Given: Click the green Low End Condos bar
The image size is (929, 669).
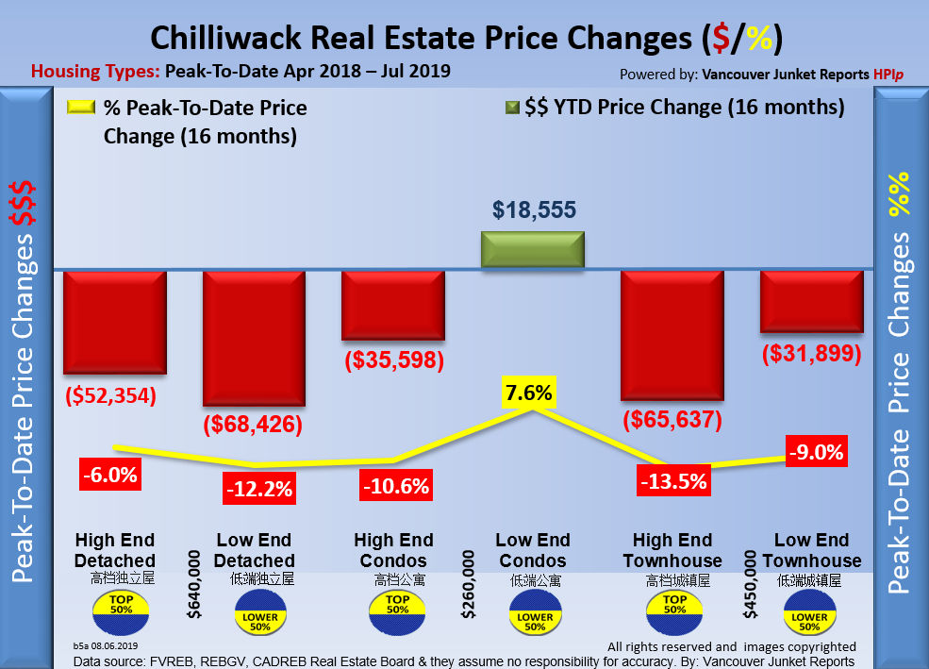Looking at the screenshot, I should click(534, 249).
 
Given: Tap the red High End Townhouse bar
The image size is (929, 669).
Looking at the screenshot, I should click(672, 335).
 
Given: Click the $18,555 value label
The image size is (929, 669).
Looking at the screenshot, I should click(534, 209).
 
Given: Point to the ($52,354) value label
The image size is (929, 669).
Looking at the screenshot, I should click(111, 393).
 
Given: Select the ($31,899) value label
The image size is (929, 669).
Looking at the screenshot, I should click(812, 354).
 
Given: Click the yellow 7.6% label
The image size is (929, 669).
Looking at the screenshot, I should click(528, 392).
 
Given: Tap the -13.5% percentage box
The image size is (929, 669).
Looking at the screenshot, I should click(672, 480).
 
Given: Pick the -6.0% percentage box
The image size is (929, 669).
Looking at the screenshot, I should click(109, 475).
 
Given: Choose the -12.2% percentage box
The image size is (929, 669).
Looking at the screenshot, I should click(257, 488).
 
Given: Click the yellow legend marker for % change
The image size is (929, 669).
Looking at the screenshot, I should click(80, 108).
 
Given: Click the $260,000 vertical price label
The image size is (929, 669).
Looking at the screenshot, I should click(470, 586).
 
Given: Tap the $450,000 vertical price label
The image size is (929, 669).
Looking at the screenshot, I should click(751, 586).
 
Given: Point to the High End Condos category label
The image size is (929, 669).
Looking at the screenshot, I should click(393, 550).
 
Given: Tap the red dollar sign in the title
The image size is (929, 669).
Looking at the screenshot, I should click(722, 39).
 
